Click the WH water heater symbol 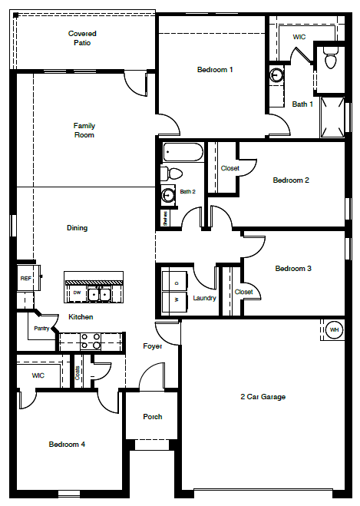point(334,330)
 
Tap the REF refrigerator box point(25,279)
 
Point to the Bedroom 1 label point(215,70)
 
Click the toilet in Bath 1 point(331,57)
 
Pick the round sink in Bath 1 point(276,75)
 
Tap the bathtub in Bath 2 point(182,152)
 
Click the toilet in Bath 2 point(172,174)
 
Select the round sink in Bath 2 point(167,195)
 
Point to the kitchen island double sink point(101,293)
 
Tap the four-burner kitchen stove point(91,341)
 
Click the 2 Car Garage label point(263,397)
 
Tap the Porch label point(153,417)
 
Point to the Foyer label point(153,346)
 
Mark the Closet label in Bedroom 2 point(230,168)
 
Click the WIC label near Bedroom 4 point(38,375)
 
